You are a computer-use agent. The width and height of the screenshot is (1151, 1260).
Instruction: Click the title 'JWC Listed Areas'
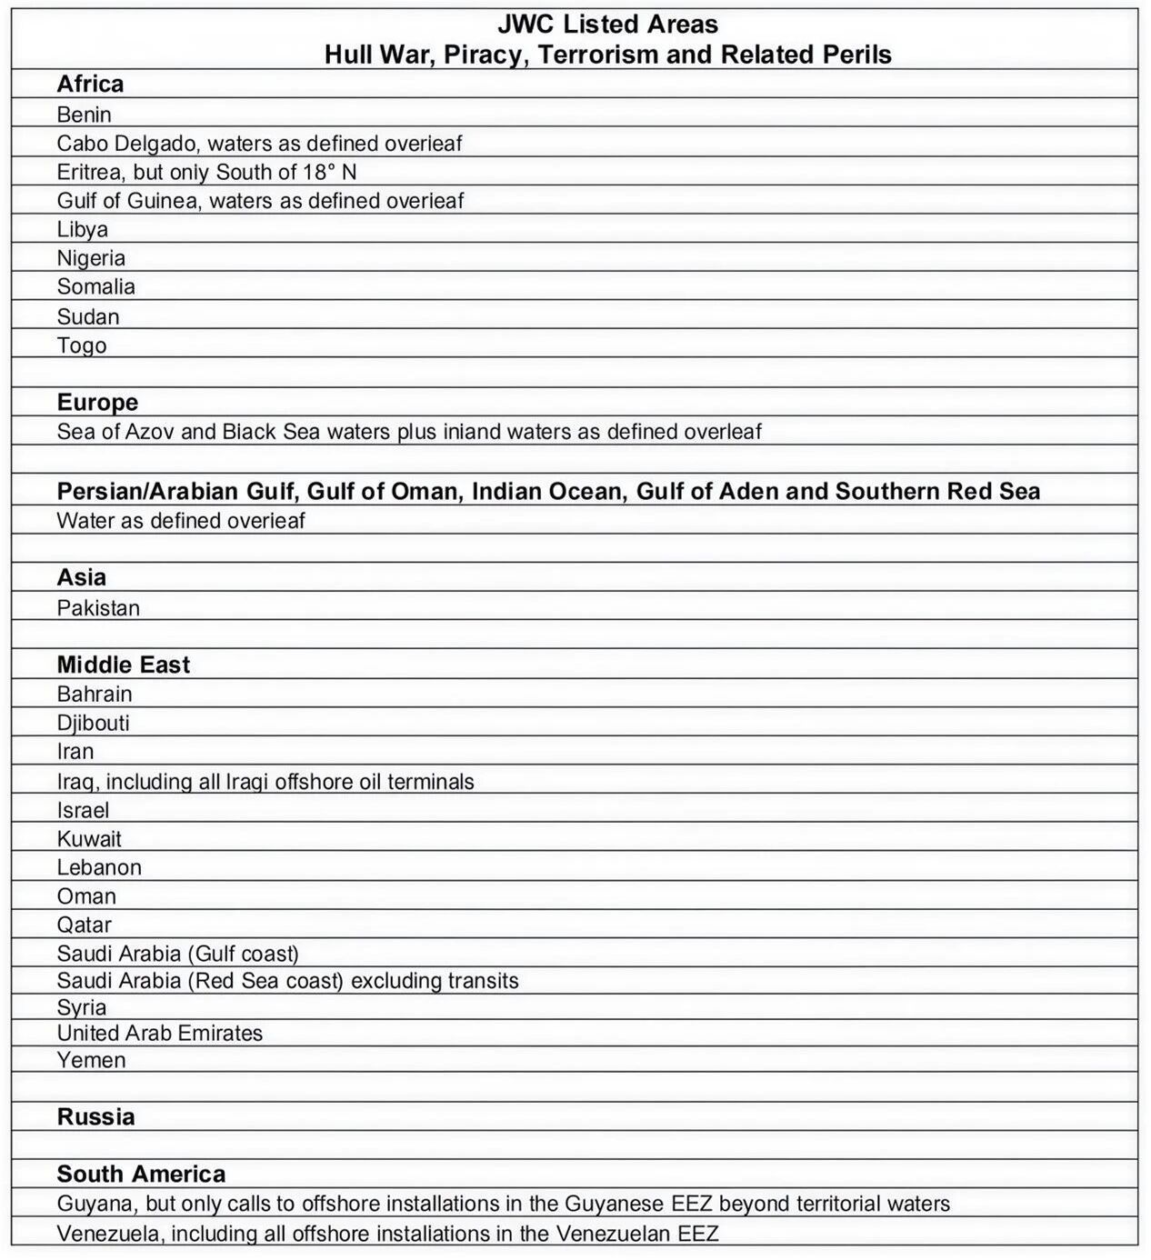click(x=607, y=25)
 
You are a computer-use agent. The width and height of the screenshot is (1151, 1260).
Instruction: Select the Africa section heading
click(x=90, y=85)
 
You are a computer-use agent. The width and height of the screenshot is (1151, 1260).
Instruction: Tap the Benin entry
click(x=84, y=115)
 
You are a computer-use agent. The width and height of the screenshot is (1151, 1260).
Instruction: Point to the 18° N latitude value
click(x=329, y=172)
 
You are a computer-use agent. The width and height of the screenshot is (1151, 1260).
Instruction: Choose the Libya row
click(x=82, y=229)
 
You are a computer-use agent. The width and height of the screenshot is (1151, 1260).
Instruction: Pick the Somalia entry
click(x=95, y=286)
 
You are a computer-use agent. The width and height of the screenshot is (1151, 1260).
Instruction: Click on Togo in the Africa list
click(x=82, y=345)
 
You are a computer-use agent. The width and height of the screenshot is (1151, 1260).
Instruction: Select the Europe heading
click(x=97, y=403)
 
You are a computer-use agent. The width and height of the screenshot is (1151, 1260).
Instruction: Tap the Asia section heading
click(x=81, y=577)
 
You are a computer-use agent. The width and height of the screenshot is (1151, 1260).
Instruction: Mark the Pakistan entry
click(x=98, y=608)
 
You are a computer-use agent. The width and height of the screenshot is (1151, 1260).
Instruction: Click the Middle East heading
click(x=123, y=665)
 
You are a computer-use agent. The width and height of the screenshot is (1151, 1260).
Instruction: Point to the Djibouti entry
click(x=93, y=723)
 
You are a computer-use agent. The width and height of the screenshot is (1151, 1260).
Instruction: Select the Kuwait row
click(x=89, y=838)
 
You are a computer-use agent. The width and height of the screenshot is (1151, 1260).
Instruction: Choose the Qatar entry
click(x=84, y=925)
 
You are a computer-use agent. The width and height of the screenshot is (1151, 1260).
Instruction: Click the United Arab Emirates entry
click(x=159, y=1033)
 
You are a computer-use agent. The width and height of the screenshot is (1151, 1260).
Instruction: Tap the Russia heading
click(x=95, y=1117)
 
